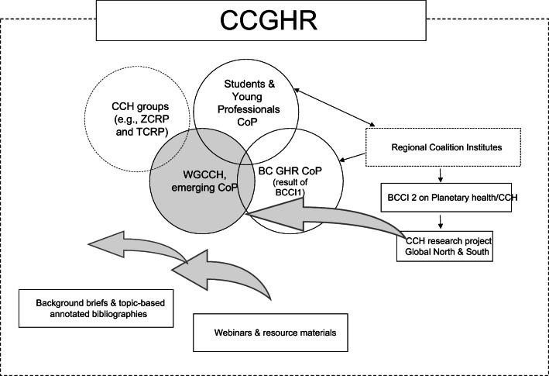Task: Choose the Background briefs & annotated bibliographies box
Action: pyautogui.click(x=94, y=308)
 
